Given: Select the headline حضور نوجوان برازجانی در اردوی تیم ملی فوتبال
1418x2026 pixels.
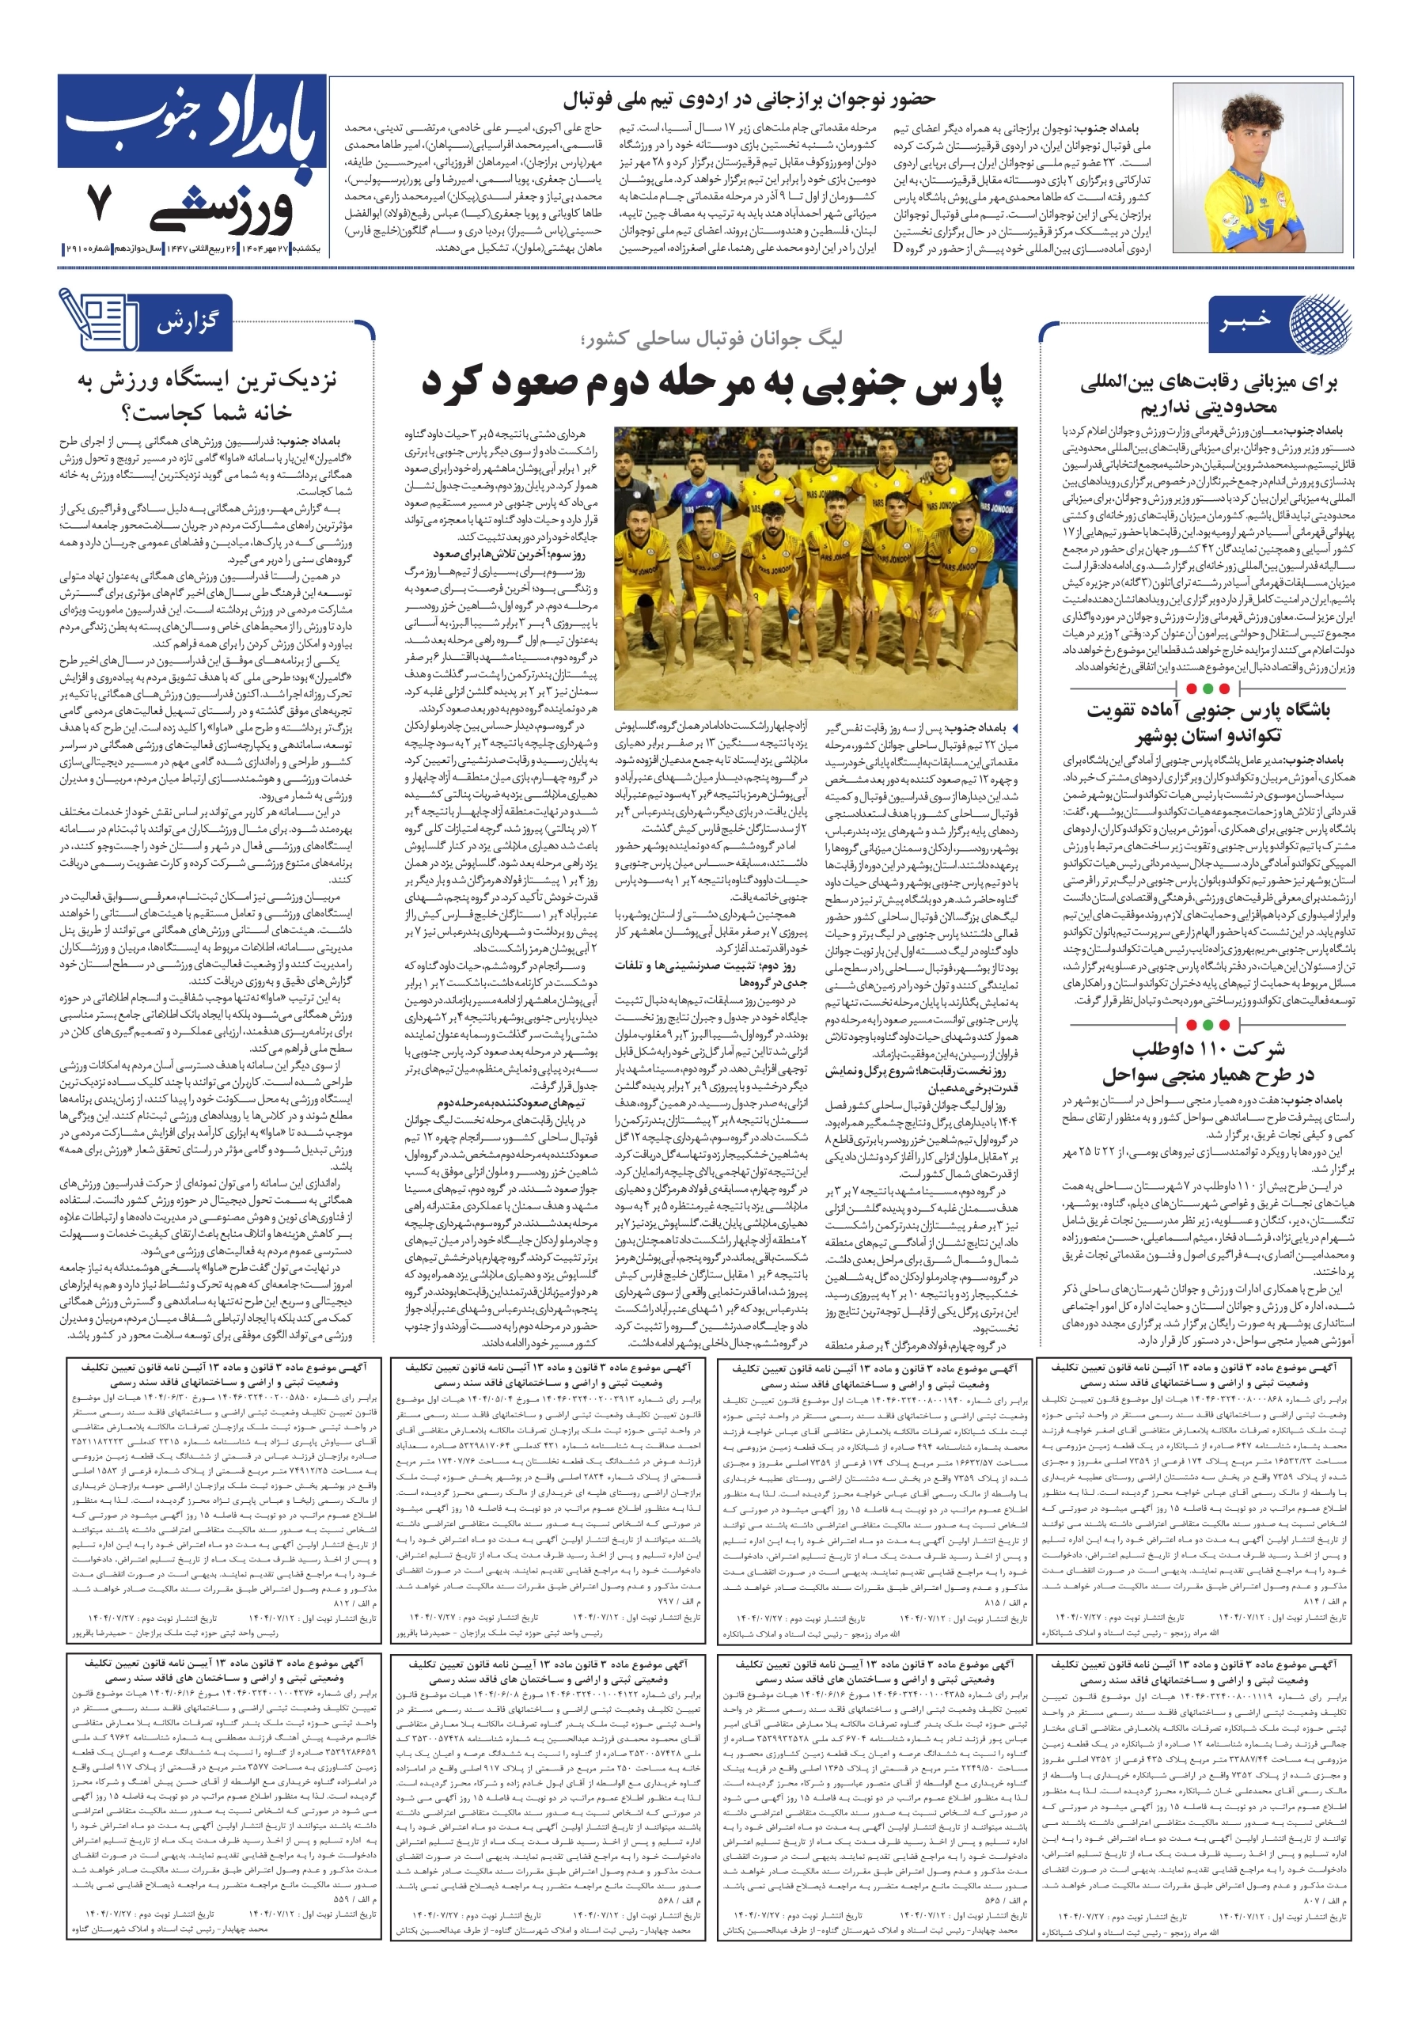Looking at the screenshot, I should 749,99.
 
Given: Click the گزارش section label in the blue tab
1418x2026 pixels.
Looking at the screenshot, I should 186,322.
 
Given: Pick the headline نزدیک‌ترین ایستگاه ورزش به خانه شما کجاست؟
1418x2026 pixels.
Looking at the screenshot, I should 207,396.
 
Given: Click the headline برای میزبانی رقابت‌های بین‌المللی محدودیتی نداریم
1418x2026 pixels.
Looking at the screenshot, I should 1208,396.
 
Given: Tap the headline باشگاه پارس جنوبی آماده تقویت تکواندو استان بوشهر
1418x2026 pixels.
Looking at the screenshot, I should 1208,723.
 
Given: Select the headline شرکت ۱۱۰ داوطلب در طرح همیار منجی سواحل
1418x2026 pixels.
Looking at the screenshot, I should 1208,1062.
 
